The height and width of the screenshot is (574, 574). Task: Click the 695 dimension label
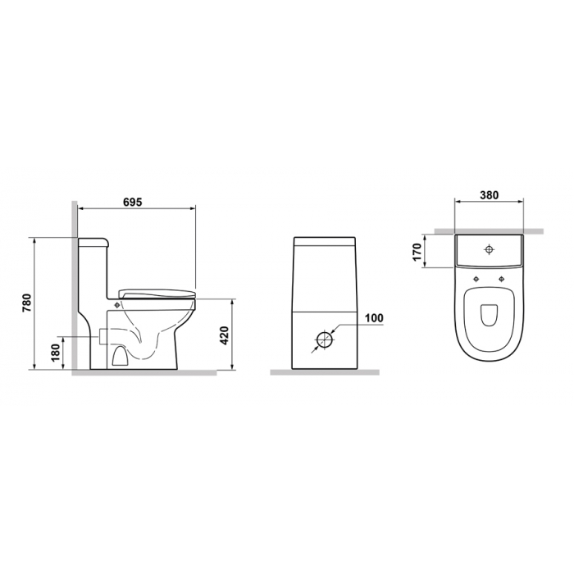(x=133, y=202)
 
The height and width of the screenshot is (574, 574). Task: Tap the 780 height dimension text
(x=28, y=303)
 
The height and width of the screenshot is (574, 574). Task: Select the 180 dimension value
(x=56, y=352)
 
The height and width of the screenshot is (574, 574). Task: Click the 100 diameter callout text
(x=374, y=318)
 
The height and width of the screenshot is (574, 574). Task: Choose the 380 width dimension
(x=489, y=195)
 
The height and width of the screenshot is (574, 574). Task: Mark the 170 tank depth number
(x=417, y=253)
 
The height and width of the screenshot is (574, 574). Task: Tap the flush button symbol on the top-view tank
(x=489, y=249)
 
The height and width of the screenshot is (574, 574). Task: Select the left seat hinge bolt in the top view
(x=476, y=279)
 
